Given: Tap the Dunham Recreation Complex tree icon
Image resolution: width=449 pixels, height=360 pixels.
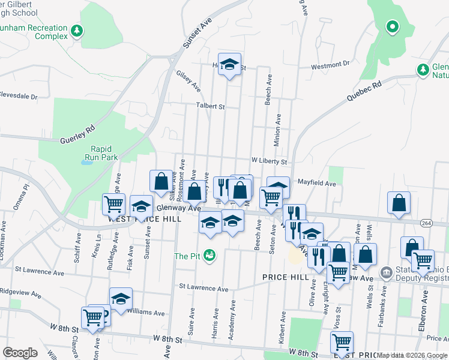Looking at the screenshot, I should coord(76,30).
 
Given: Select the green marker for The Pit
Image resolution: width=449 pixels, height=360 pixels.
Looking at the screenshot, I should coord(209,256).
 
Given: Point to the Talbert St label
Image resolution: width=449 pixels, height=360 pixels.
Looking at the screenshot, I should coord(209,106).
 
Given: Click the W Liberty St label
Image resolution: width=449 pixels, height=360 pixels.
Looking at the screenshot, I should coord(270,161).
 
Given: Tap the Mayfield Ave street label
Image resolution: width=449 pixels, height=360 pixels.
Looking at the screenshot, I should coord(316,183).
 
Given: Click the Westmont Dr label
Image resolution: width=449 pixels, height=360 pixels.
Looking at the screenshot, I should coord(329,64).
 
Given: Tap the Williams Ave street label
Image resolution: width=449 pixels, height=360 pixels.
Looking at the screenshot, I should coord(145,313).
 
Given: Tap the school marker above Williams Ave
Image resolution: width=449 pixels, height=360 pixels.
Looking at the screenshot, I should coord(121,298).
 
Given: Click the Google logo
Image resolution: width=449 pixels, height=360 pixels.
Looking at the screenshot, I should coord(20,353).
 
